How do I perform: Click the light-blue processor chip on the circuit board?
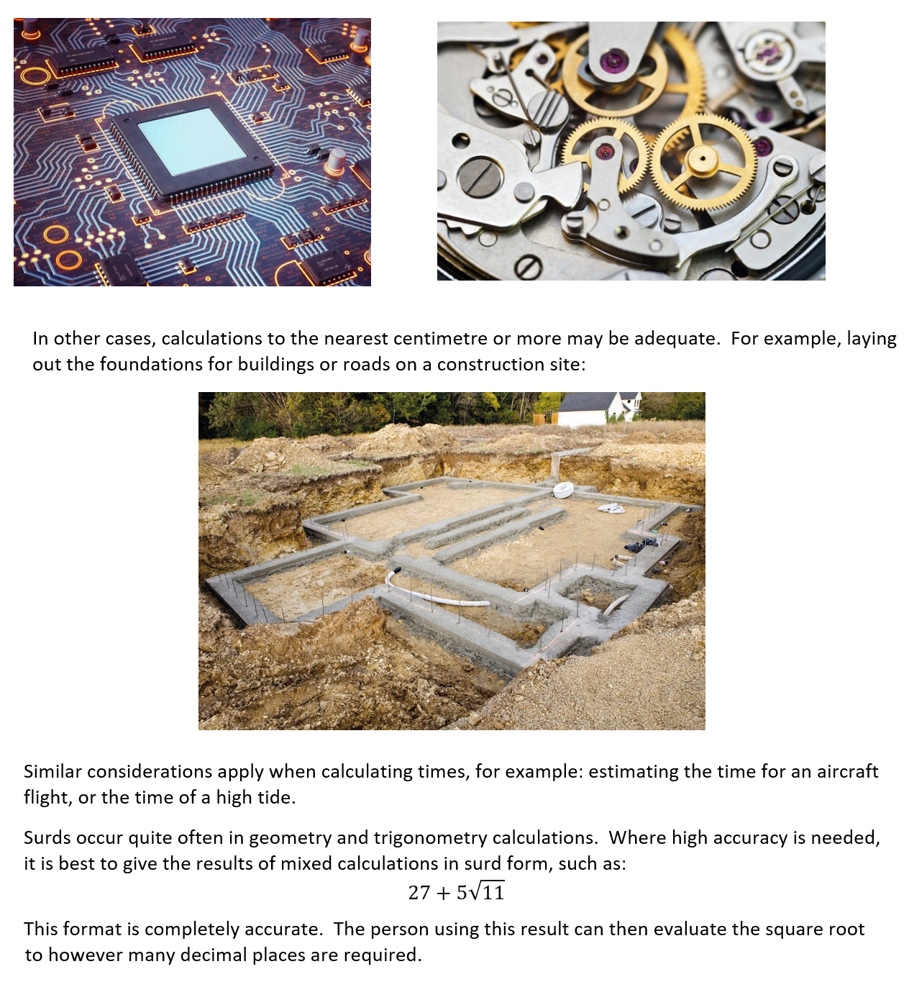tap(191, 141)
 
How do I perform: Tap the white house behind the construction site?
tap(600, 409)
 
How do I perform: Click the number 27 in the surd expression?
tap(419, 893)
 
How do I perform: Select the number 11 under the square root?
tap(493, 893)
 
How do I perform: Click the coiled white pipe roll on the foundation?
tap(563, 491)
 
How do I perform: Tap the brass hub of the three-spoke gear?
tap(703, 159)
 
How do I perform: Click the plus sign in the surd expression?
tap(444, 894)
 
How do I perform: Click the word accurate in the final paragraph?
tap(283, 929)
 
